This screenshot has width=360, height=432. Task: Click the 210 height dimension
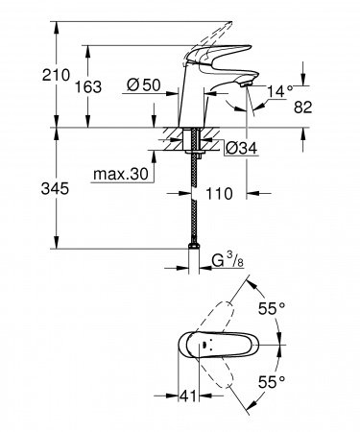pyautogui.click(x=29, y=73)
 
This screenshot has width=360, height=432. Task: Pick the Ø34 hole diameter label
pyautogui.click(x=239, y=147)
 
